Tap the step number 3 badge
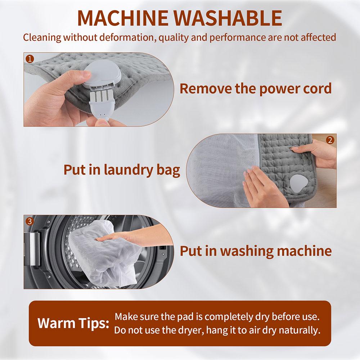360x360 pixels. tap(30, 221)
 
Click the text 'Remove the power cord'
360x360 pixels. tap(256, 88)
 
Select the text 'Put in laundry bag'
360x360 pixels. tap(122, 170)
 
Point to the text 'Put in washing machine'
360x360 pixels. tap(256, 251)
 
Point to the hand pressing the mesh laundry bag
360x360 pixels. tap(260, 184)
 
